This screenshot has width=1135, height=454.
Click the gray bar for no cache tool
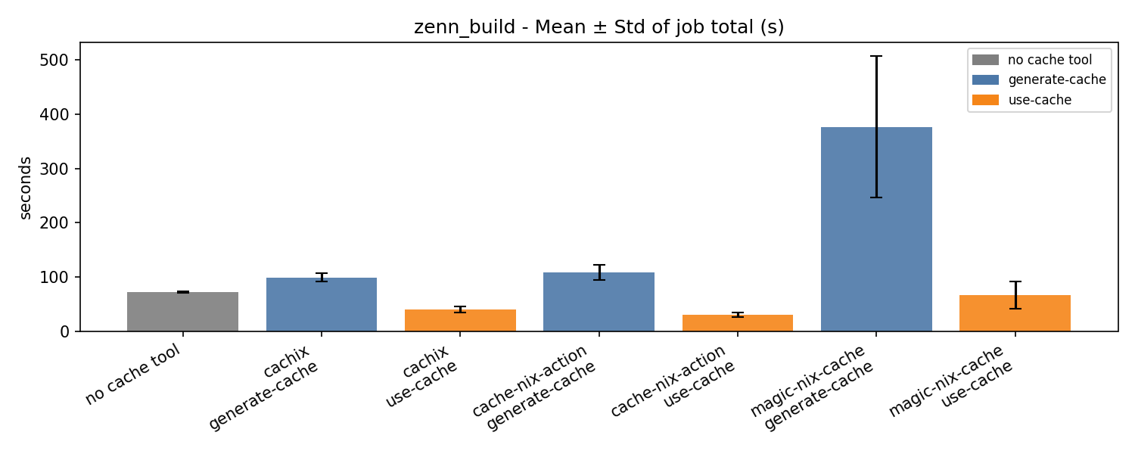click(182, 312)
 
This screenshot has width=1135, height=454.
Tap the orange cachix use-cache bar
click(460, 321)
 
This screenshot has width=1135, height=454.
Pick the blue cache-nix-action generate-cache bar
click(599, 302)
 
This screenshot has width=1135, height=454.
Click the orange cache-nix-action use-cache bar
click(737, 323)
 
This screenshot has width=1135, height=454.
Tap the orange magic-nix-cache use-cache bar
click(1015, 313)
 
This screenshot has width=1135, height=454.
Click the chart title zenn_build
click(599, 28)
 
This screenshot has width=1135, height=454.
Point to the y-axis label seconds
click(26, 188)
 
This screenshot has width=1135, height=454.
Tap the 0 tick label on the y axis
click(64, 331)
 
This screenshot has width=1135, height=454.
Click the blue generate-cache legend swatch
click(985, 79)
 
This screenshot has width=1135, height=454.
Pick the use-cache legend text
click(1040, 100)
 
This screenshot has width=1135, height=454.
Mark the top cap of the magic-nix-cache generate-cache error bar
click(876, 56)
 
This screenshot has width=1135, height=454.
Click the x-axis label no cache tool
click(134, 374)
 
